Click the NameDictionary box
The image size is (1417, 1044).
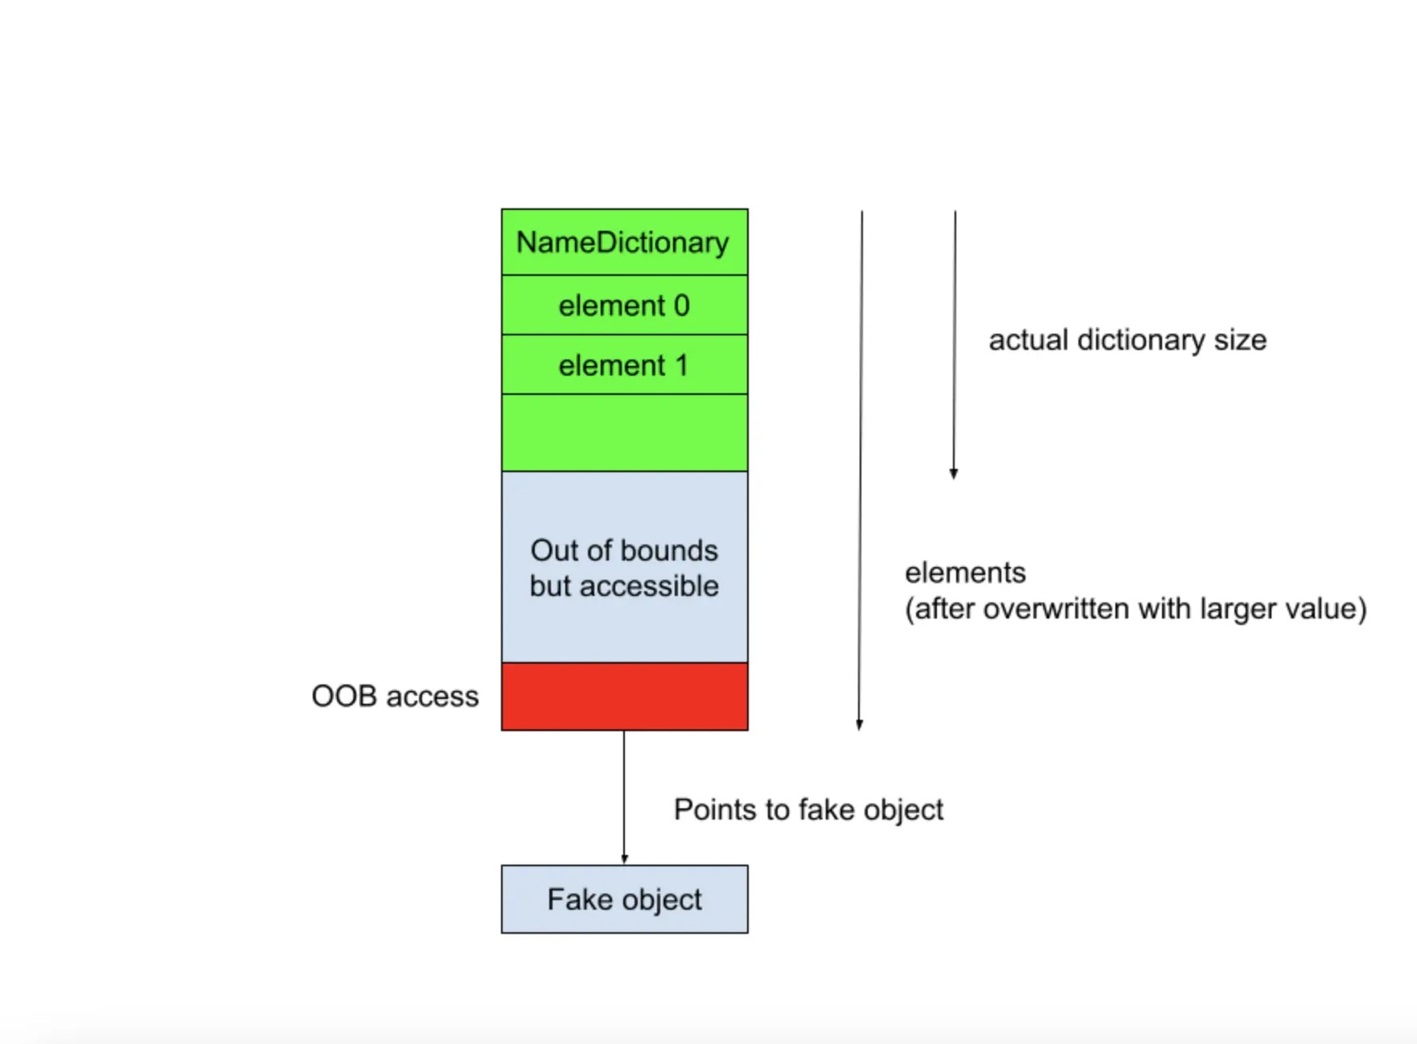pos(624,242)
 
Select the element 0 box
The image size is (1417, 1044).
pos(624,305)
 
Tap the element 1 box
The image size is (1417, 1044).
pos(624,364)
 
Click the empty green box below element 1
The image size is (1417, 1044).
pos(624,433)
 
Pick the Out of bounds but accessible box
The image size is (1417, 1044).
pos(624,567)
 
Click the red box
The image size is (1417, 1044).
pos(624,697)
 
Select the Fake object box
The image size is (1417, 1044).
pos(624,899)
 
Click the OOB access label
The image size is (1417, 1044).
pos(395,697)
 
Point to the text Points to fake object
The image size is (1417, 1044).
pos(808,810)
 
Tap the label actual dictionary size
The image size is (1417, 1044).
pos(1127,340)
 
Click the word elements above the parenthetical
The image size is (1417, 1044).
pos(965,573)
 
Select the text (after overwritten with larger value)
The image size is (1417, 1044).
pos(1136,609)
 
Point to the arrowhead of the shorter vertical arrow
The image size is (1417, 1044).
pos(954,474)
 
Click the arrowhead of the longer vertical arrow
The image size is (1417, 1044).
pos(860,725)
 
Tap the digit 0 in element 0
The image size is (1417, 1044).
pos(681,306)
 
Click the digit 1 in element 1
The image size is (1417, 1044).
pos(682,365)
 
